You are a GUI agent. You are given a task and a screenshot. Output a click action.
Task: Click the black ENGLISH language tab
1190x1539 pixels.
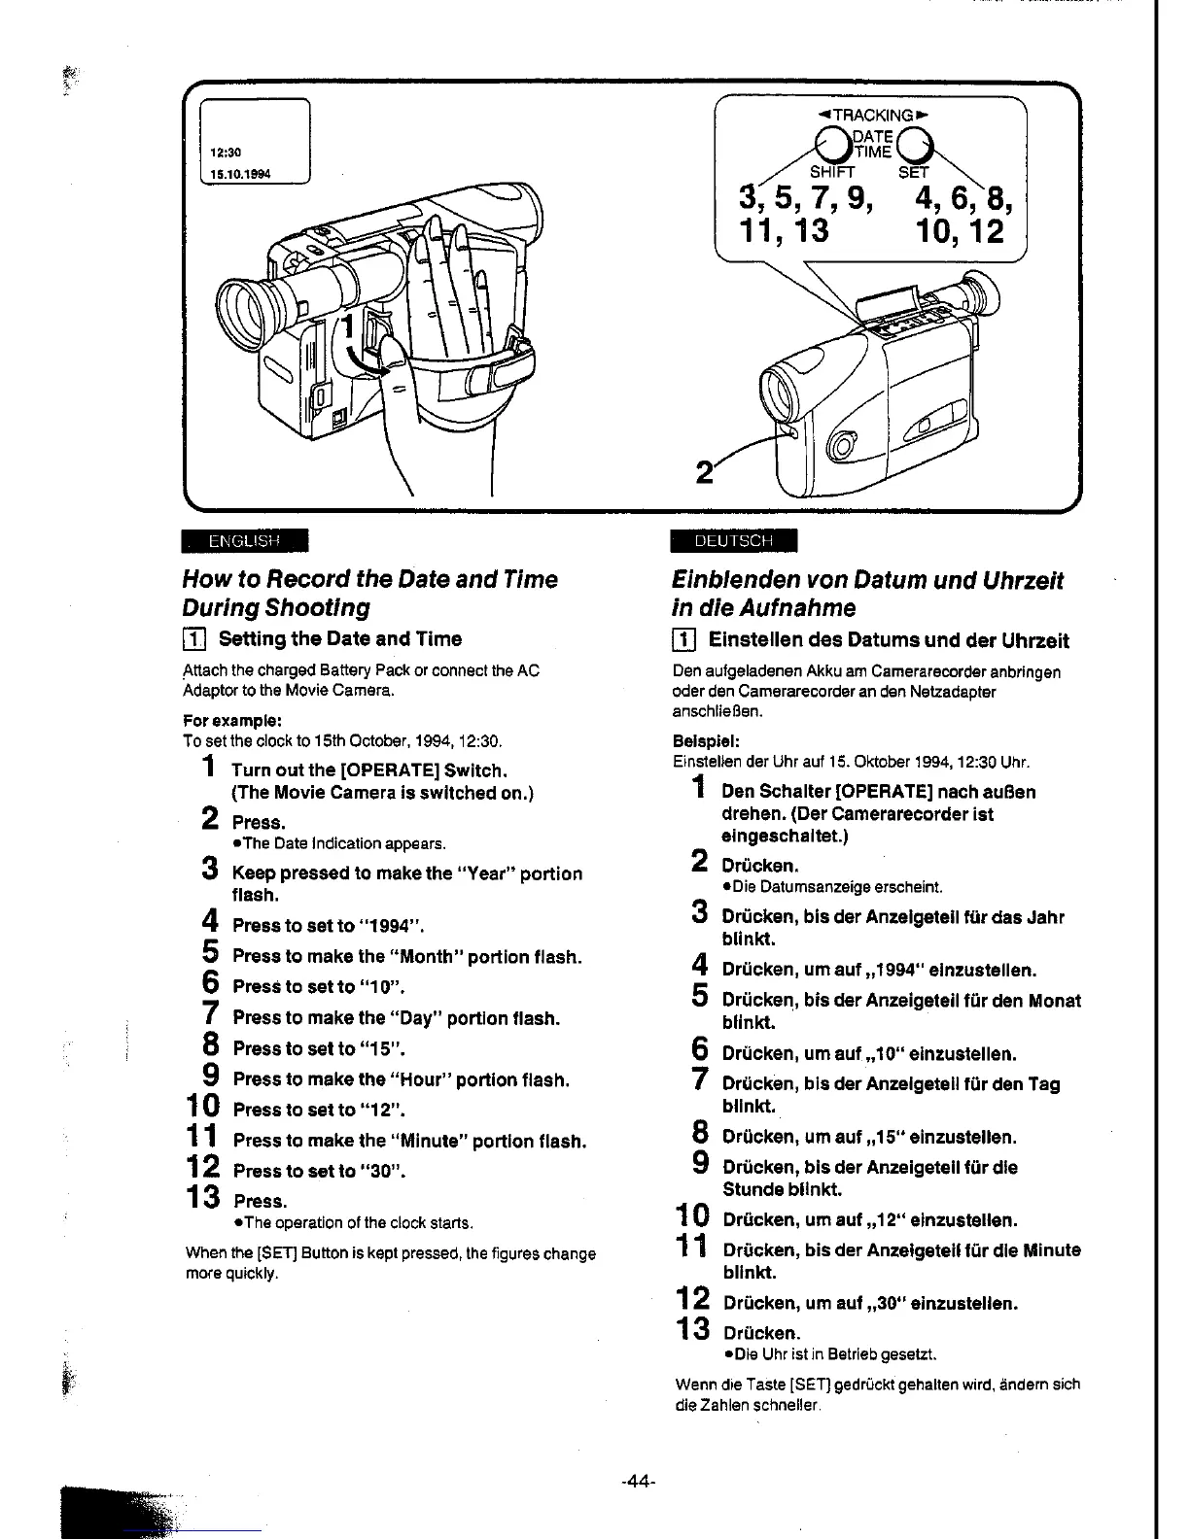click(x=244, y=540)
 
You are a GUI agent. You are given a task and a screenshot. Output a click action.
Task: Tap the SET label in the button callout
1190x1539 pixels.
click(x=913, y=173)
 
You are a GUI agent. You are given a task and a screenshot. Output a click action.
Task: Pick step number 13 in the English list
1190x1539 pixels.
click(x=205, y=1198)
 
